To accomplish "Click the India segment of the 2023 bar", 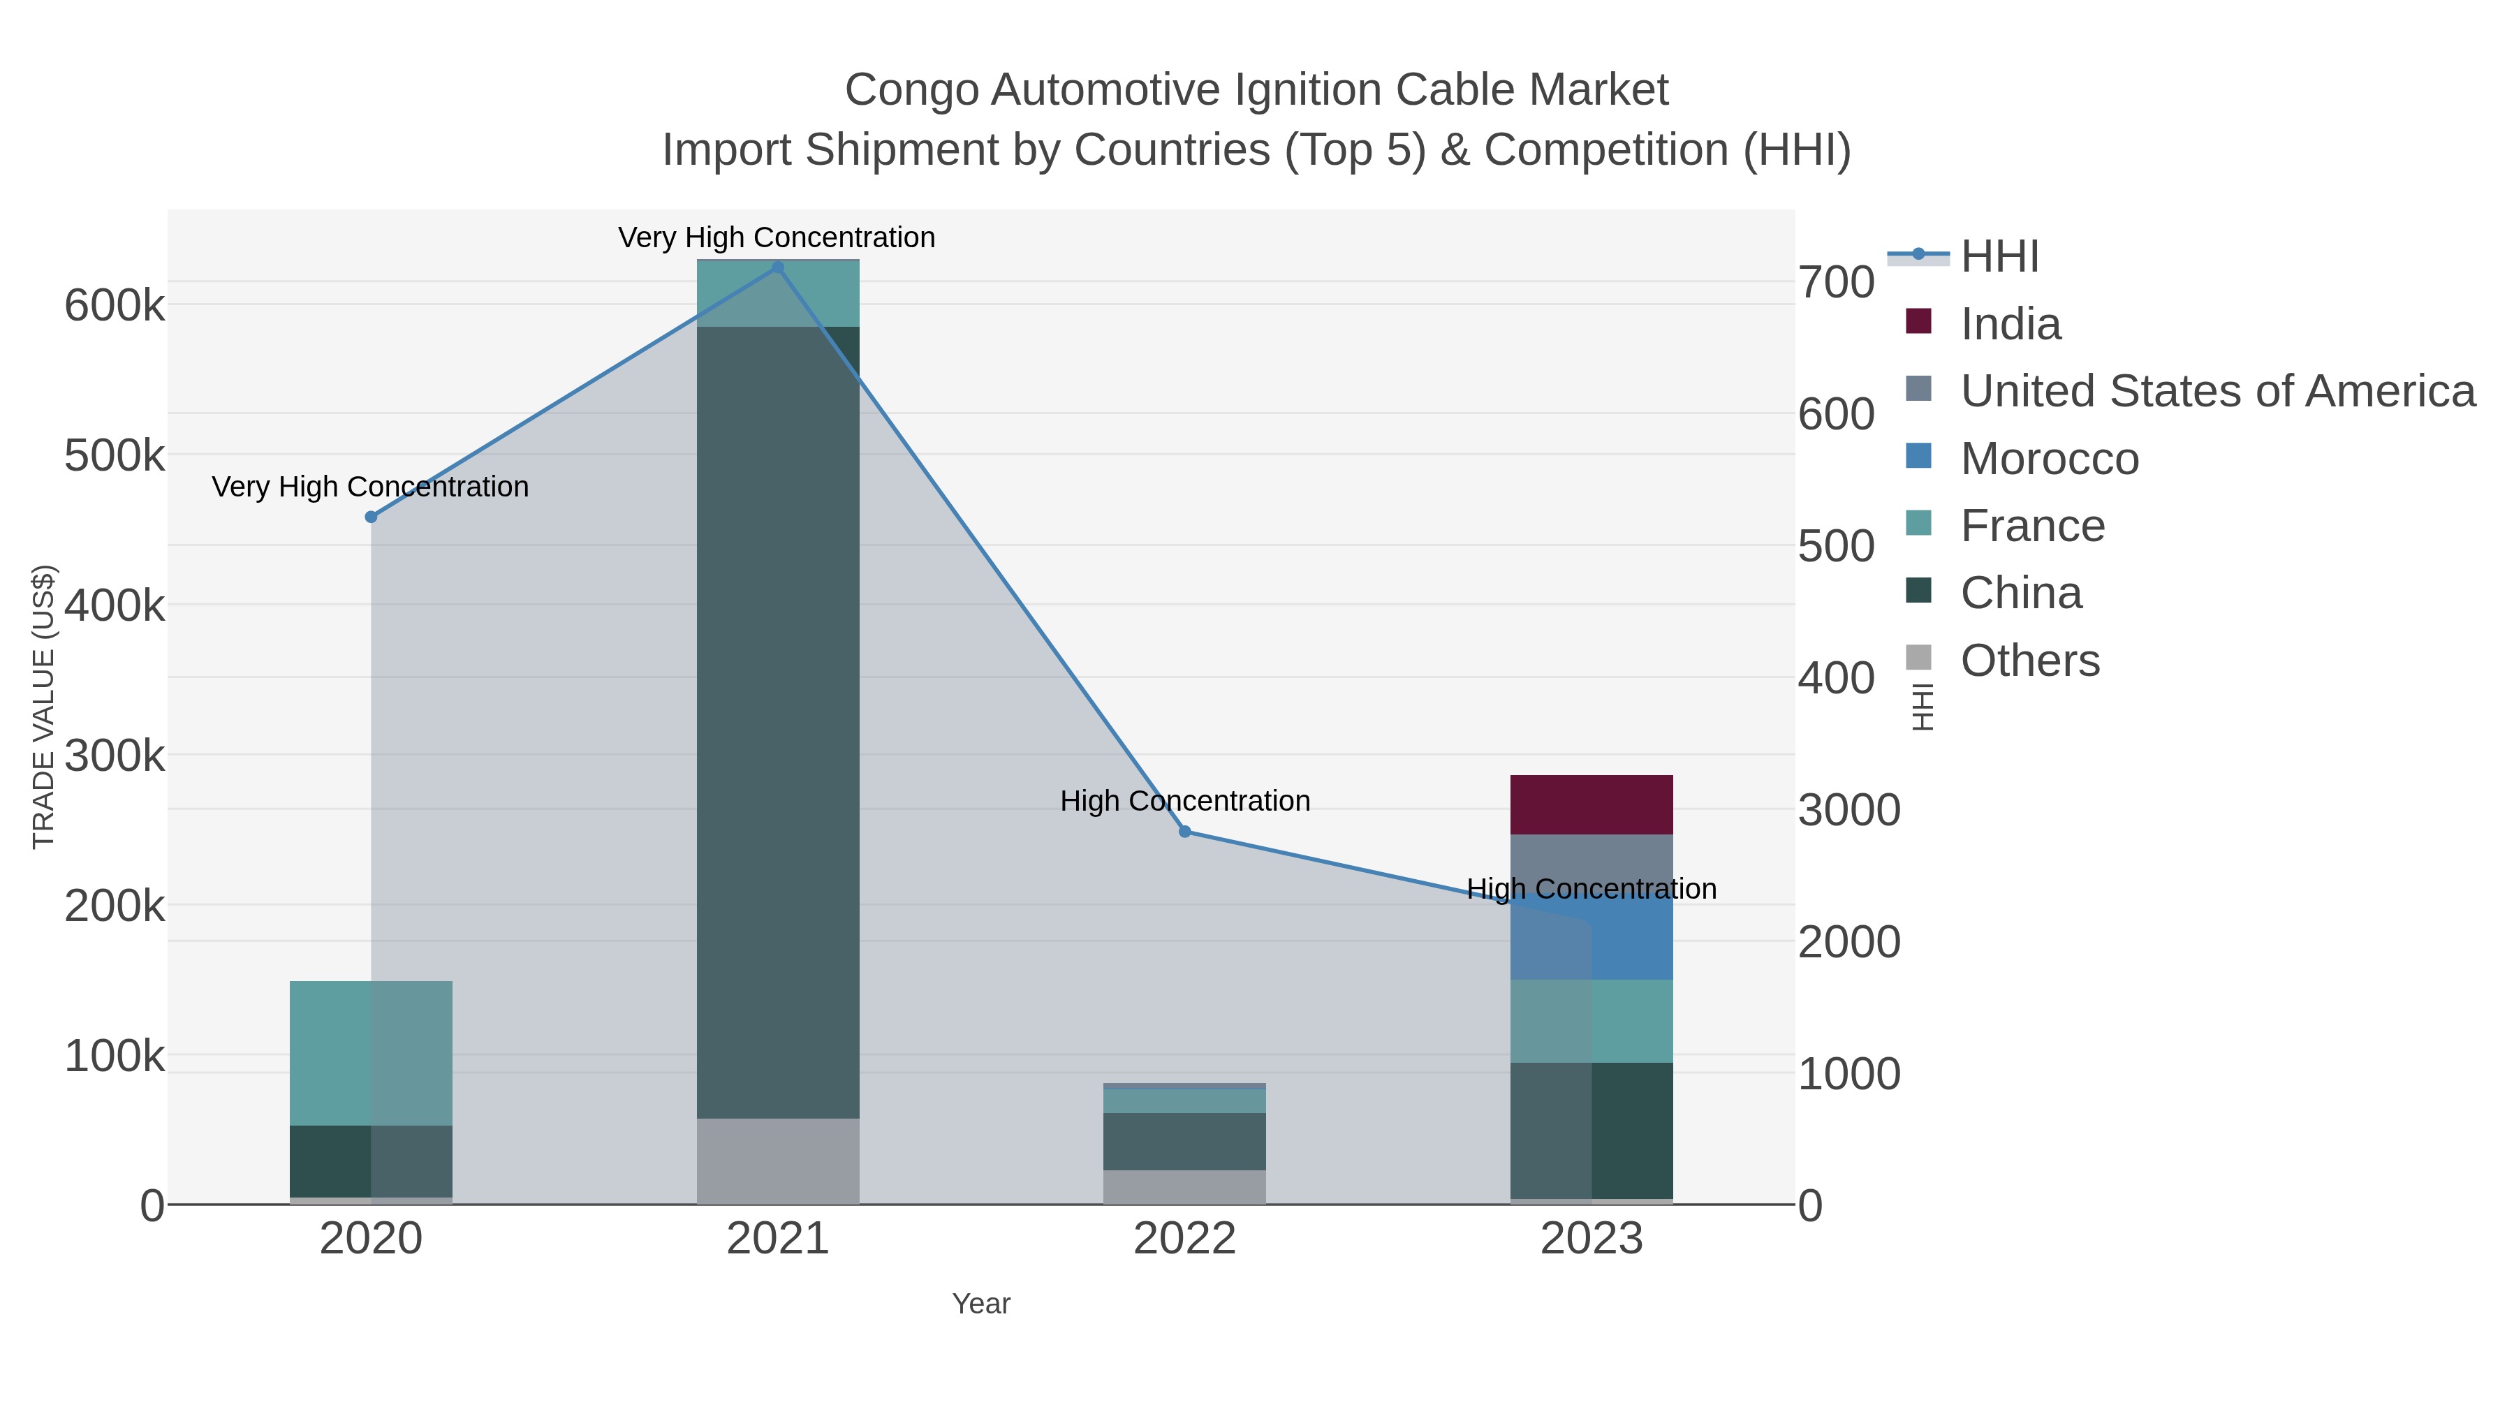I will (x=1591, y=804).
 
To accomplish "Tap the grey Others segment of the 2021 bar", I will (x=778, y=1161).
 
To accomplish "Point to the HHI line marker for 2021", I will (x=778, y=267).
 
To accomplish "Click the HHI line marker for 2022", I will (x=1185, y=832).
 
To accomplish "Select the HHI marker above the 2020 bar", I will (x=371, y=517).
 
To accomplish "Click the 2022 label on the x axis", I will (x=1185, y=1239).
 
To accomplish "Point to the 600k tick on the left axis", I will (x=115, y=305).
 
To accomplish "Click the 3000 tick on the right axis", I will (x=1848, y=810).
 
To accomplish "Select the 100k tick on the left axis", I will (x=115, y=1056).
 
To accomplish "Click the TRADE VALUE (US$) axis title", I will (x=44, y=707).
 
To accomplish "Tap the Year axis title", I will (x=981, y=1304).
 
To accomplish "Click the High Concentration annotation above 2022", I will (x=1185, y=801).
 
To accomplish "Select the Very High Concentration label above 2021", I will (x=777, y=238).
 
